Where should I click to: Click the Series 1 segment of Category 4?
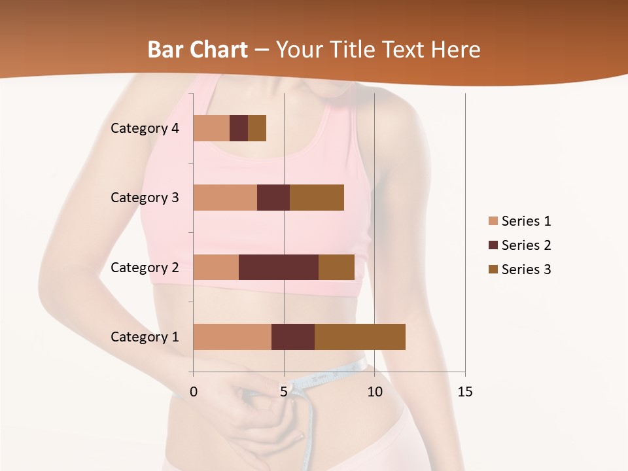(211, 128)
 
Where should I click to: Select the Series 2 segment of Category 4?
(239, 128)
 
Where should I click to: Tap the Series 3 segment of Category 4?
(257, 128)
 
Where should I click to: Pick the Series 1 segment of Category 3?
(225, 198)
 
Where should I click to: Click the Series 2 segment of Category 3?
(273, 198)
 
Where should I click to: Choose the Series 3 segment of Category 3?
(317, 198)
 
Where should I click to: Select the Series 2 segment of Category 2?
(279, 267)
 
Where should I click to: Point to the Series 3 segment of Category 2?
(336, 267)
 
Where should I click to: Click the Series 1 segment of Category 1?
(232, 337)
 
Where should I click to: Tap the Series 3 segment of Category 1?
(360, 337)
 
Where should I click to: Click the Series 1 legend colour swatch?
(493, 221)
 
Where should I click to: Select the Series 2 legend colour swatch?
(493, 245)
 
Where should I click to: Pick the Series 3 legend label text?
(526, 270)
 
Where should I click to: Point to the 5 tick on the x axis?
(284, 392)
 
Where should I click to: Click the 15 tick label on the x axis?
(464, 392)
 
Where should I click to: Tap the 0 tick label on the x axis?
(193, 392)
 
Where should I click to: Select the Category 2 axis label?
(145, 267)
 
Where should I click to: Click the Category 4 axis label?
(145, 128)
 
